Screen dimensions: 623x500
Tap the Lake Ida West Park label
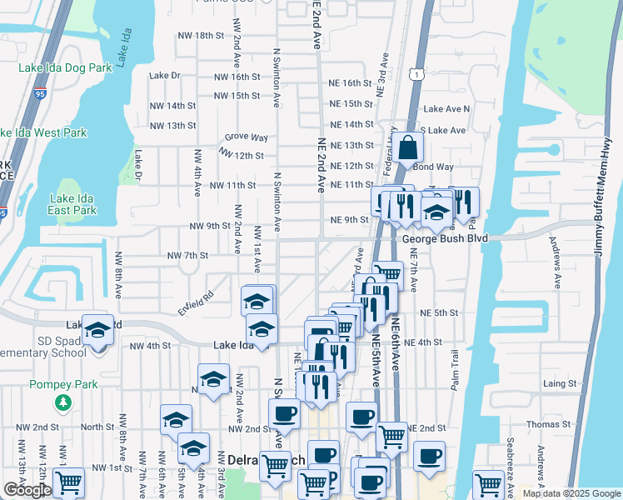tap(43, 132)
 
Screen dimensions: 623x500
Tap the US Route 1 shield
tap(414, 75)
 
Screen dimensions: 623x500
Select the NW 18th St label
tap(202, 36)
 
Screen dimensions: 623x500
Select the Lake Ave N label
tap(446, 109)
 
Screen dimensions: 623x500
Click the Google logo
tap(27, 490)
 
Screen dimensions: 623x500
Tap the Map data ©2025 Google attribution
tap(571, 493)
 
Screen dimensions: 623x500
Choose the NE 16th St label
tap(350, 83)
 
